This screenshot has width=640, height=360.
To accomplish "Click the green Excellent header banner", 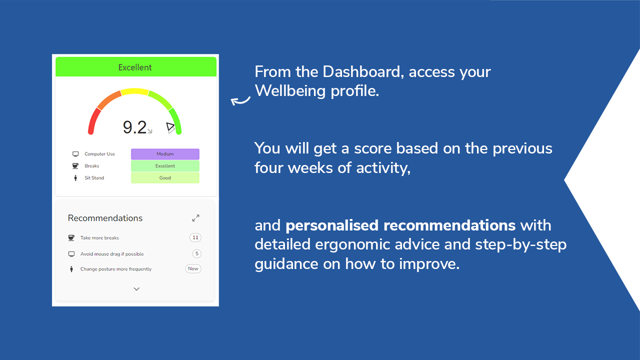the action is pos(135,67).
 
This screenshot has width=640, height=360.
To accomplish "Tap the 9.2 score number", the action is pos(134,127).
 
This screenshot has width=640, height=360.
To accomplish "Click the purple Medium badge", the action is pos(165,154).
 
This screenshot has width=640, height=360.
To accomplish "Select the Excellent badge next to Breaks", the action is pos(165,166).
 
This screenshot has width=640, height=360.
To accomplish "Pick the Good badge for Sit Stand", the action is pos(165,177).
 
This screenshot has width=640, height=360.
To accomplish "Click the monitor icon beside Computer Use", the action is pos(75,154).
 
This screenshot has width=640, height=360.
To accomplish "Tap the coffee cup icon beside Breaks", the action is pos(75,166).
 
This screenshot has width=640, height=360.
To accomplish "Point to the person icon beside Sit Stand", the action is pos(75,178).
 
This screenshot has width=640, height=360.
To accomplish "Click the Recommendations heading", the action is pos(105,218).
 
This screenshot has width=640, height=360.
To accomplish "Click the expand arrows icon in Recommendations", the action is pos(195,218).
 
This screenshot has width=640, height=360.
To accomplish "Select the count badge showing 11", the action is pos(195,237).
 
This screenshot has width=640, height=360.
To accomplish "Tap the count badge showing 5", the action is pos(197,253).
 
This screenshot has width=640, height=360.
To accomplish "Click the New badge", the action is pos(193,268).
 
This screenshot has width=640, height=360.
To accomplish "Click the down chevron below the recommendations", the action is pos(136,289).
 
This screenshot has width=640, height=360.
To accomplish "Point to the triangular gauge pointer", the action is pos(170,127).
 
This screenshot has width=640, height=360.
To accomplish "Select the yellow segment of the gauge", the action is pos(134,91).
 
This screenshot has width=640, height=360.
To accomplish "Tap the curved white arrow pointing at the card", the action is pos(240,100).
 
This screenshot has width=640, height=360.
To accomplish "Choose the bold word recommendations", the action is pos(449,225).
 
